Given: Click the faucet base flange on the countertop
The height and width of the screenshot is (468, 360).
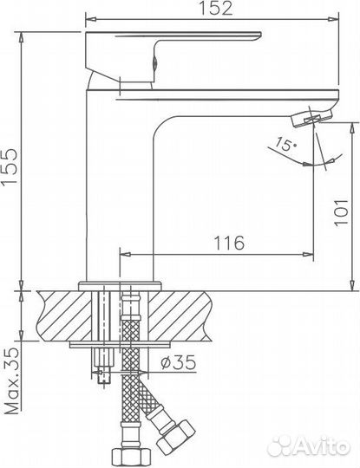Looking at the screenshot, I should coord(119,284).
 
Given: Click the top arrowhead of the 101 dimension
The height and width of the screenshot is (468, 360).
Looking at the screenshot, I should coord(353,127).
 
